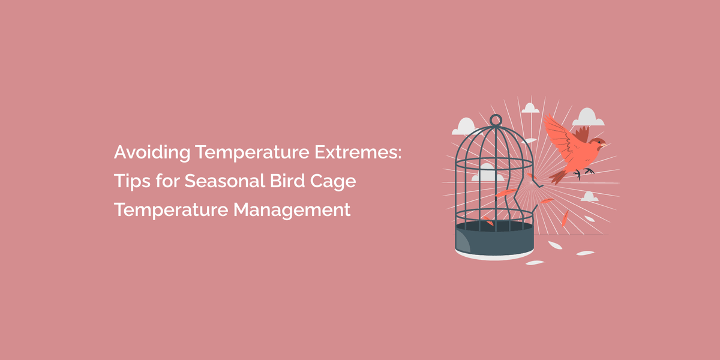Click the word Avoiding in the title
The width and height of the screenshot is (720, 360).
[x=152, y=153]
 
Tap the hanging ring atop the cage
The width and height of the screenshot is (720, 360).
[x=494, y=120]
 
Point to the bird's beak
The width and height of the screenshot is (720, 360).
[x=604, y=144]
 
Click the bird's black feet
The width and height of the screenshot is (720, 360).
[x=583, y=173]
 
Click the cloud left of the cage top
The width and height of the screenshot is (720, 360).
[x=463, y=127]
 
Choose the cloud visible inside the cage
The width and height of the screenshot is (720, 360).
[x=487, y=175]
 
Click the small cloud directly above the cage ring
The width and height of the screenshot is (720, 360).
[x=530, y=109]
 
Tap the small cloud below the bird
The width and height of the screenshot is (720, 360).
[x=590, y=196]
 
